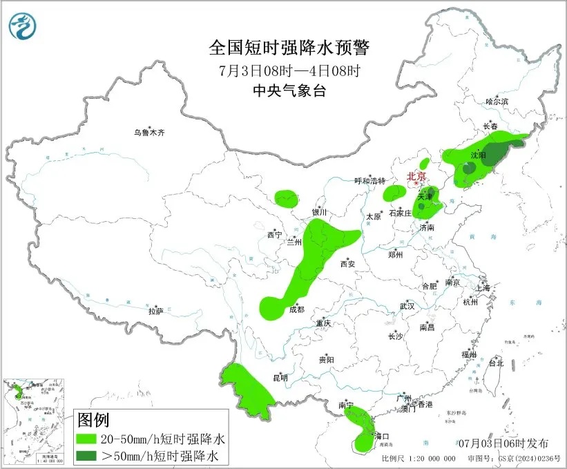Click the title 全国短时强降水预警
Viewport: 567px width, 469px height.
pyautogui.click(x=289, y=48)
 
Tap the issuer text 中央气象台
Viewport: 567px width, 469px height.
pyautogui.click(x=289, y=90)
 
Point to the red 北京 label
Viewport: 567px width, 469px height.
pyautogui.click(x=417, y=176)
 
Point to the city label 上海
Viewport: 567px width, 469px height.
pyautogui.click(x=482, y=287)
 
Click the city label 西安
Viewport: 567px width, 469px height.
pyautogui.click(x=347, y=263)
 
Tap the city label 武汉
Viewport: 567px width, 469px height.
pyautogui.click(x=407, y=306)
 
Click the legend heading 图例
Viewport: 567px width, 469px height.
pyautogui.click(x=94, y=420)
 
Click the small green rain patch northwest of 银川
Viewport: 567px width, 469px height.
pyautogui.click(x=287, y=200)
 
